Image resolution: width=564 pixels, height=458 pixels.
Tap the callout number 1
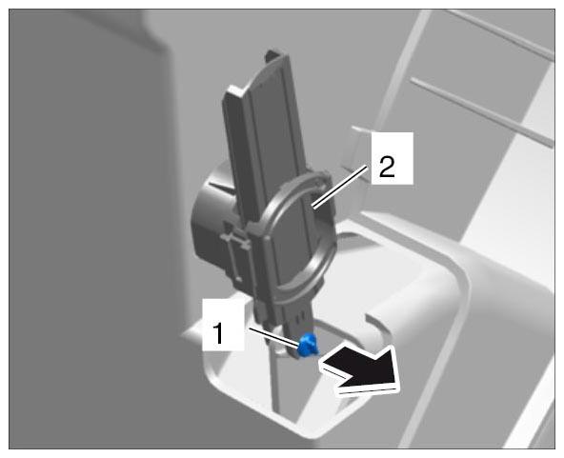click(218, 333)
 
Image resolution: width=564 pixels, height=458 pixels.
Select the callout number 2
click(387, 167)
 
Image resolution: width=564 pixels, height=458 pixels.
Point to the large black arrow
click(360, 369)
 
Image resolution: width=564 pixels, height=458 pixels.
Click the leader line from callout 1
click(274, 337)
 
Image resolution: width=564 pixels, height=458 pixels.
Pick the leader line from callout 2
click(340, 186)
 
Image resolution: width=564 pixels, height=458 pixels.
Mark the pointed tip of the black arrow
click(398, 388)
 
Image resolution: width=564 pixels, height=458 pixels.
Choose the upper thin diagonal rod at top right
click(500, 34)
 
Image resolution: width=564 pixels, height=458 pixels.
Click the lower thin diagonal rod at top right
click(482, 111)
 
